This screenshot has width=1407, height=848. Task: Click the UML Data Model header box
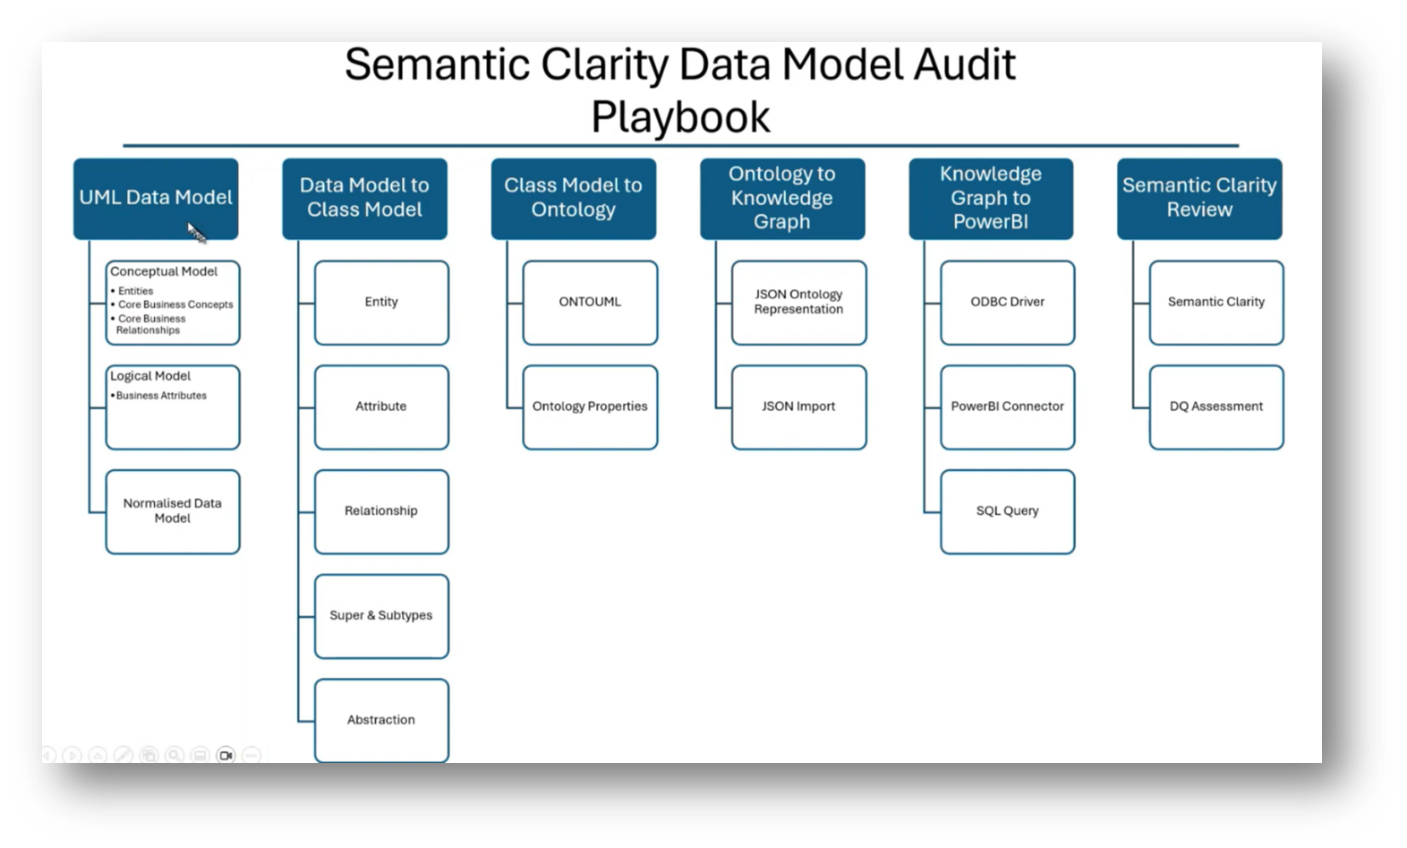coord(156,198)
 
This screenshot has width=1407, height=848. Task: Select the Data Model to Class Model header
coord(364,198)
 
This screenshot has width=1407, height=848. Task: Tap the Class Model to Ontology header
coord(573,198)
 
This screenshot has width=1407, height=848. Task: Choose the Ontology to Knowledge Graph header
coord(781,198)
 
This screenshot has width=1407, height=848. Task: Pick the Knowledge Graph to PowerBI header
coord(990,198)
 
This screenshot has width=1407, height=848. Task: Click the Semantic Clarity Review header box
coord(1199,198)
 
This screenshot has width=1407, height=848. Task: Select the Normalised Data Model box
coord(173,511)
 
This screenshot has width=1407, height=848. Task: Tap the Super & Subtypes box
coord(381,616)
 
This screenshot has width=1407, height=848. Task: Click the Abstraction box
coord(381,720)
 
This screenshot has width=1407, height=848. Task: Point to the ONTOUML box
coord(590,303)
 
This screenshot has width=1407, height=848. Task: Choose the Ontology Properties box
coord(590,407)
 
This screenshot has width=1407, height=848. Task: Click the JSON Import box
coord(798,407)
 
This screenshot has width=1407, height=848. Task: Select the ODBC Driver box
coord(1007,303)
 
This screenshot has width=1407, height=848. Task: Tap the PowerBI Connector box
coord(1007,407)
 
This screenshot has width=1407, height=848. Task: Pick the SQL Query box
coord(1007,511)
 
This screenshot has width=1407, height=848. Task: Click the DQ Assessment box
coord(1215,407)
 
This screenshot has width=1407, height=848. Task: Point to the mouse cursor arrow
coord(196,233)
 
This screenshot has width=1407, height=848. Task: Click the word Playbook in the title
coord(680,117)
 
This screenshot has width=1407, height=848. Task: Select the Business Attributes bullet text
coord(161,396)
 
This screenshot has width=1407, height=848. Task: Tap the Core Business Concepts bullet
coord(175,304)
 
